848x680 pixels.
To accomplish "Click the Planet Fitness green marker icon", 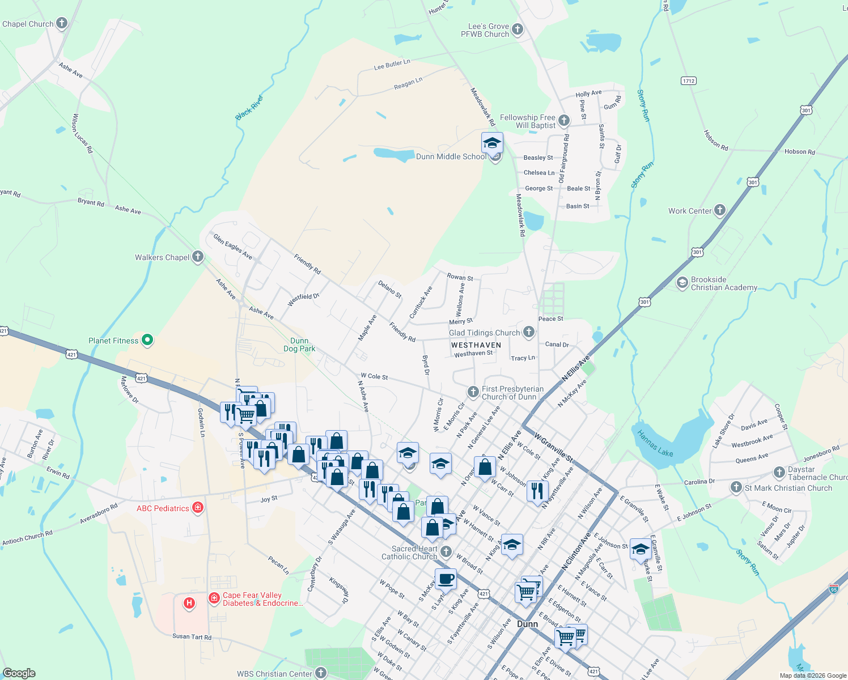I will tap(147, 340).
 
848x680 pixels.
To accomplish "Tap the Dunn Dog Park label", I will tap(299, 345).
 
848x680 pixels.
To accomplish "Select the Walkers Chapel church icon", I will tap(198, 257).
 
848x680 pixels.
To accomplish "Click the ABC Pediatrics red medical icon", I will tap(198, 507).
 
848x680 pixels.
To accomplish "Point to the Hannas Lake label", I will tap(655, 443).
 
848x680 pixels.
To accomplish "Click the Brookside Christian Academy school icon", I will tap(682, 283).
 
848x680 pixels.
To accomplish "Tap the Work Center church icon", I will tap(720, 210).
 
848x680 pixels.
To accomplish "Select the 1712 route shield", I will tap(688, 80).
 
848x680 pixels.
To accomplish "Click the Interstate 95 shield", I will tap(833, 589).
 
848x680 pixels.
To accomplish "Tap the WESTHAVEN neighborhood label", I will tap(476, 345).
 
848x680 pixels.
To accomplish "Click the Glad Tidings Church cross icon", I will tap(529, 332).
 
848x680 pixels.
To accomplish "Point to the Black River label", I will tap(250, 108).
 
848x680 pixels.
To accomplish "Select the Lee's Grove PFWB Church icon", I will tap(517, 29).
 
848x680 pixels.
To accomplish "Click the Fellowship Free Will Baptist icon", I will tap(564, 120).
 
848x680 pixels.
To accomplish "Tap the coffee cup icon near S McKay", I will tap(446, 579).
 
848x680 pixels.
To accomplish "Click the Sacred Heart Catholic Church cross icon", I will tap(447, 551).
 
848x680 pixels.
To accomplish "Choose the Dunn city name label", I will tap(527, 624).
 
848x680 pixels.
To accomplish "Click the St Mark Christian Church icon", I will tap(736, 487).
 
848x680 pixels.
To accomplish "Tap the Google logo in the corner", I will tap(19, 673).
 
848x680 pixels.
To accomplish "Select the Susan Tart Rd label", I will tap(192, 636).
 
